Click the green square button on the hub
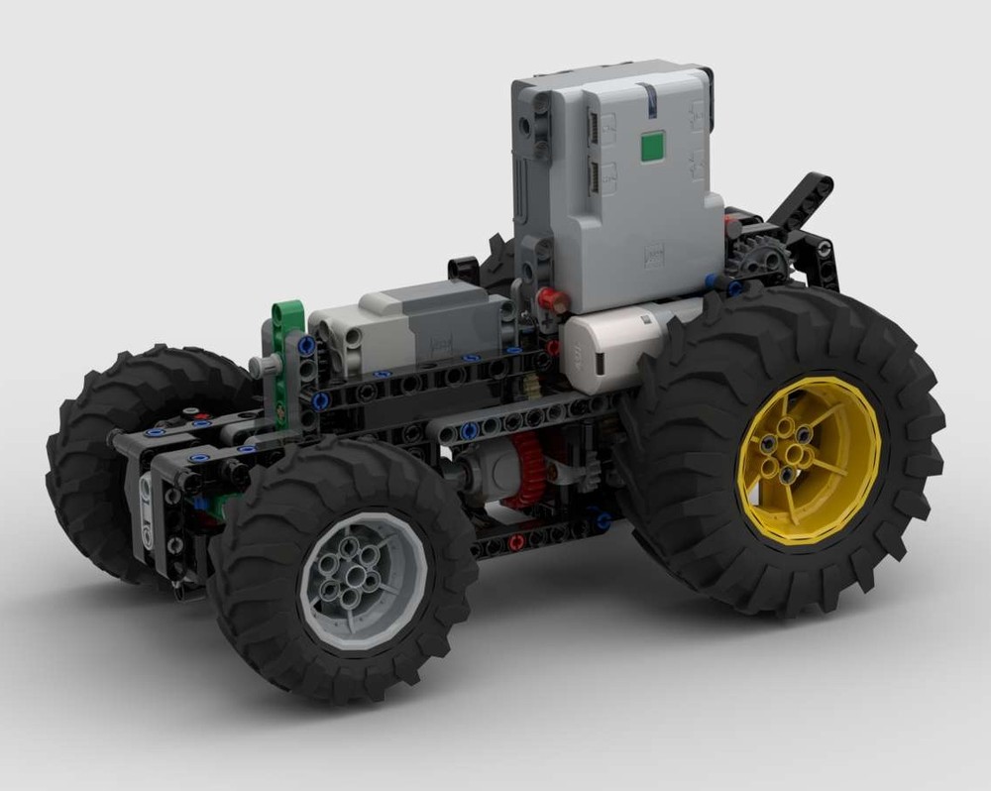(x=651, y=148)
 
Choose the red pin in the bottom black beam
(x=516, y=541)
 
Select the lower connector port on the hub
(x=595, y=177)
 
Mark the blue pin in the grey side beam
(x=472, y=430)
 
